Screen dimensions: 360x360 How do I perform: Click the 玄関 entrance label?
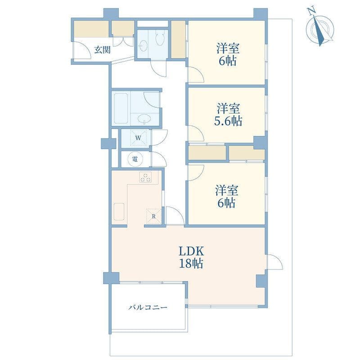[x=103, y=50]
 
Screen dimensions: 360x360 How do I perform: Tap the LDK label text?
[x=191, y=252]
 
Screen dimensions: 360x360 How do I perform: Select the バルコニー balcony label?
[x=148, y=307]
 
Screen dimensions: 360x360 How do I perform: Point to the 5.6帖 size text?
[x=228, y=121]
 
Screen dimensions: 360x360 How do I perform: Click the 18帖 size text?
[x=191, y=264]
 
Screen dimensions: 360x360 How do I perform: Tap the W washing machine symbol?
[x=138, y=138]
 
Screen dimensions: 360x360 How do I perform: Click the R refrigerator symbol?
[x=153, y=216]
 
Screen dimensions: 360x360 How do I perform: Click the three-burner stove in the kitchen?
[x=146, y=177]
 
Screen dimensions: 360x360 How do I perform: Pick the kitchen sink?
[x=119, y=211]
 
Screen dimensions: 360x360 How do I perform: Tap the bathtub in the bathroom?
[x=121, y=108]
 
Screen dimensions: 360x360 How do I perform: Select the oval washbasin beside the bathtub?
[x=144, y=119]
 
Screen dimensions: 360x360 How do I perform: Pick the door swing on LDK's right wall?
[x=274, y=261]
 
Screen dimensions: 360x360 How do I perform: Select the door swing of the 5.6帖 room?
[x=196, y=133]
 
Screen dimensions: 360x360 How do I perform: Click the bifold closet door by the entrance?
[x=123, y=41]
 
